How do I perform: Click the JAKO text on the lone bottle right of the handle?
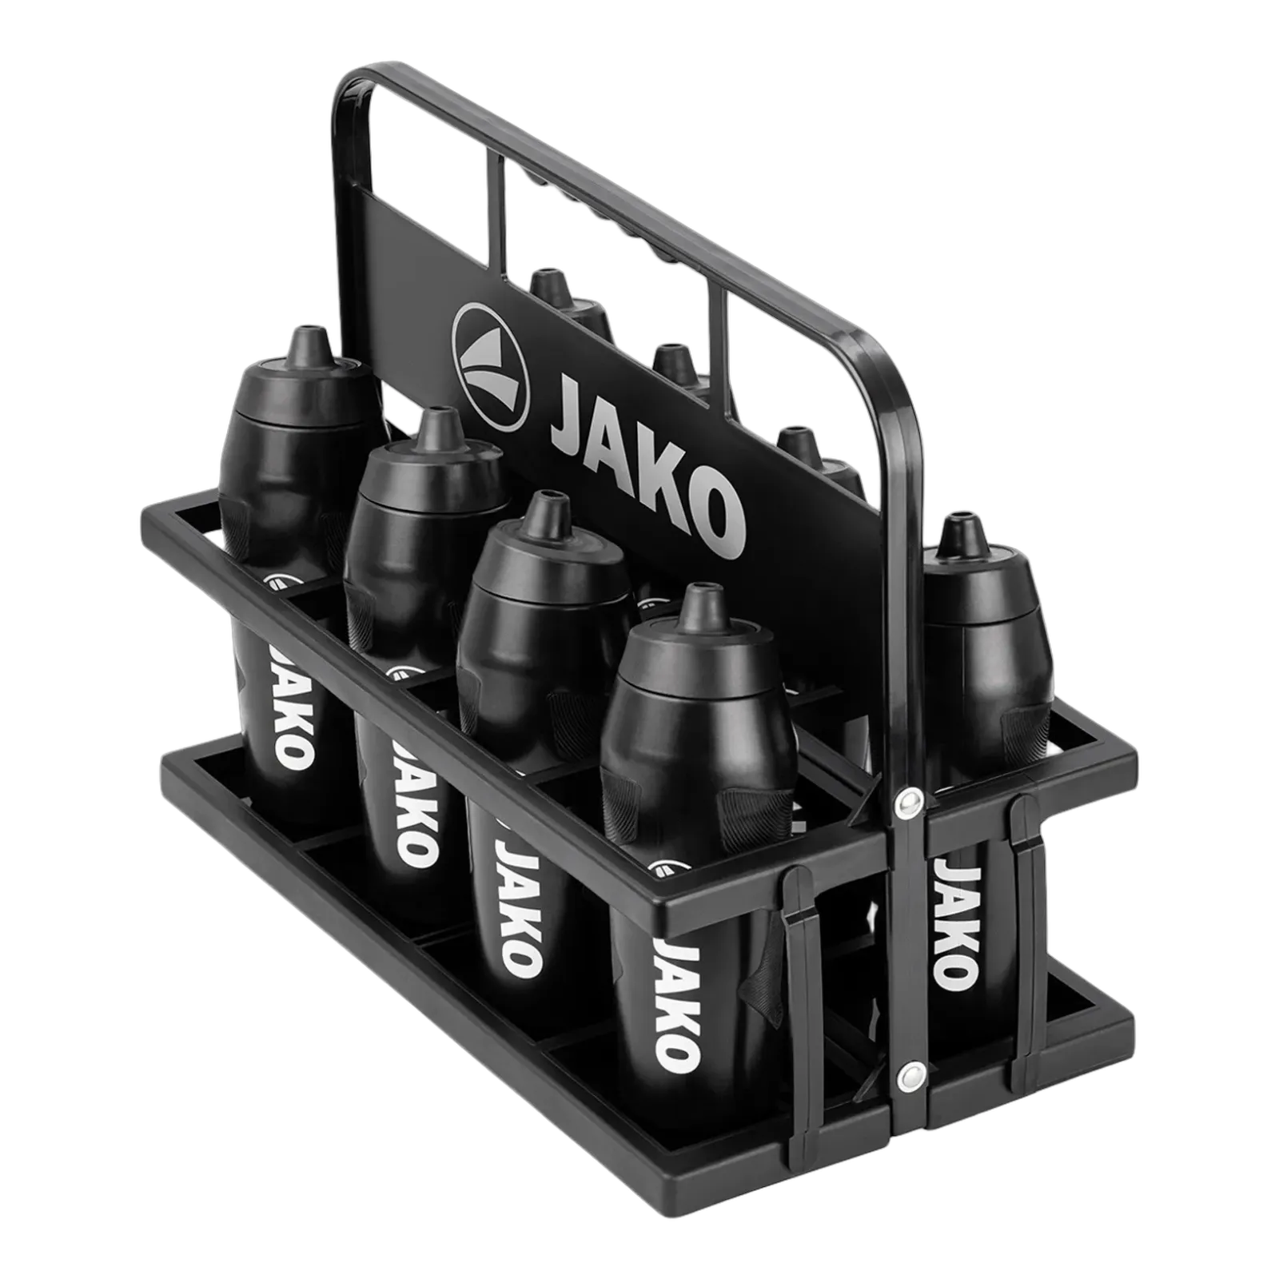tap(957, 924)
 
